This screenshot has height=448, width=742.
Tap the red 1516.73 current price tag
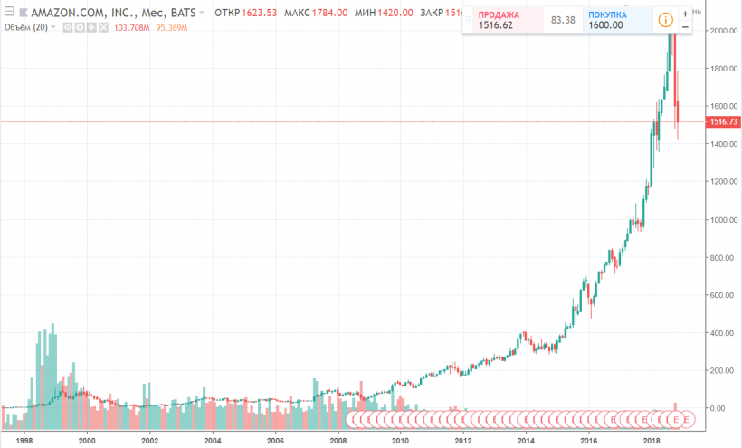tap(724, 121)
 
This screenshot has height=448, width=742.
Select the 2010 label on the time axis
tap(399, 441)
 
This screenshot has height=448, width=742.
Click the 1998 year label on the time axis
tap(24, 441)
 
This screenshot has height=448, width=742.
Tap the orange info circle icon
tap(666, 20)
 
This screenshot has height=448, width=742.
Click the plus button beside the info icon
tap(685, 13)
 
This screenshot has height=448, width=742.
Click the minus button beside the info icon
tap(685, 27)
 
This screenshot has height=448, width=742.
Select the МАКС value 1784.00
tap(355, 14)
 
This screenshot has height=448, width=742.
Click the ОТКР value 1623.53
tap(262, 14)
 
